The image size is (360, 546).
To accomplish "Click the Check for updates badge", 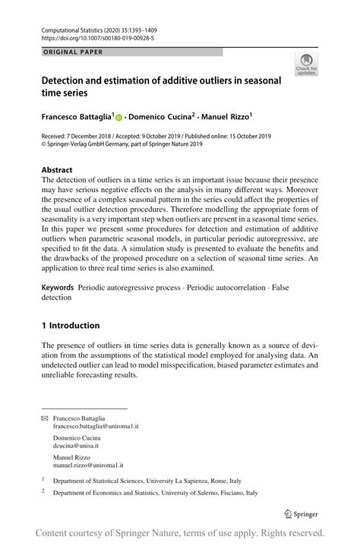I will coord(307,65).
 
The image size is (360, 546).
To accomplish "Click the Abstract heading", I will coord(57,170).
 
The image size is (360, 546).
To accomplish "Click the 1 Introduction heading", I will coord(71,326).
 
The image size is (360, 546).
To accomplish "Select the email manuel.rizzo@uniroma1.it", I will coord(88,464).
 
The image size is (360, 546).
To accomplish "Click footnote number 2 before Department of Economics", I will coord(43,492).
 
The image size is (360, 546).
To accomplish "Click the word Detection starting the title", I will coord(68,80).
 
